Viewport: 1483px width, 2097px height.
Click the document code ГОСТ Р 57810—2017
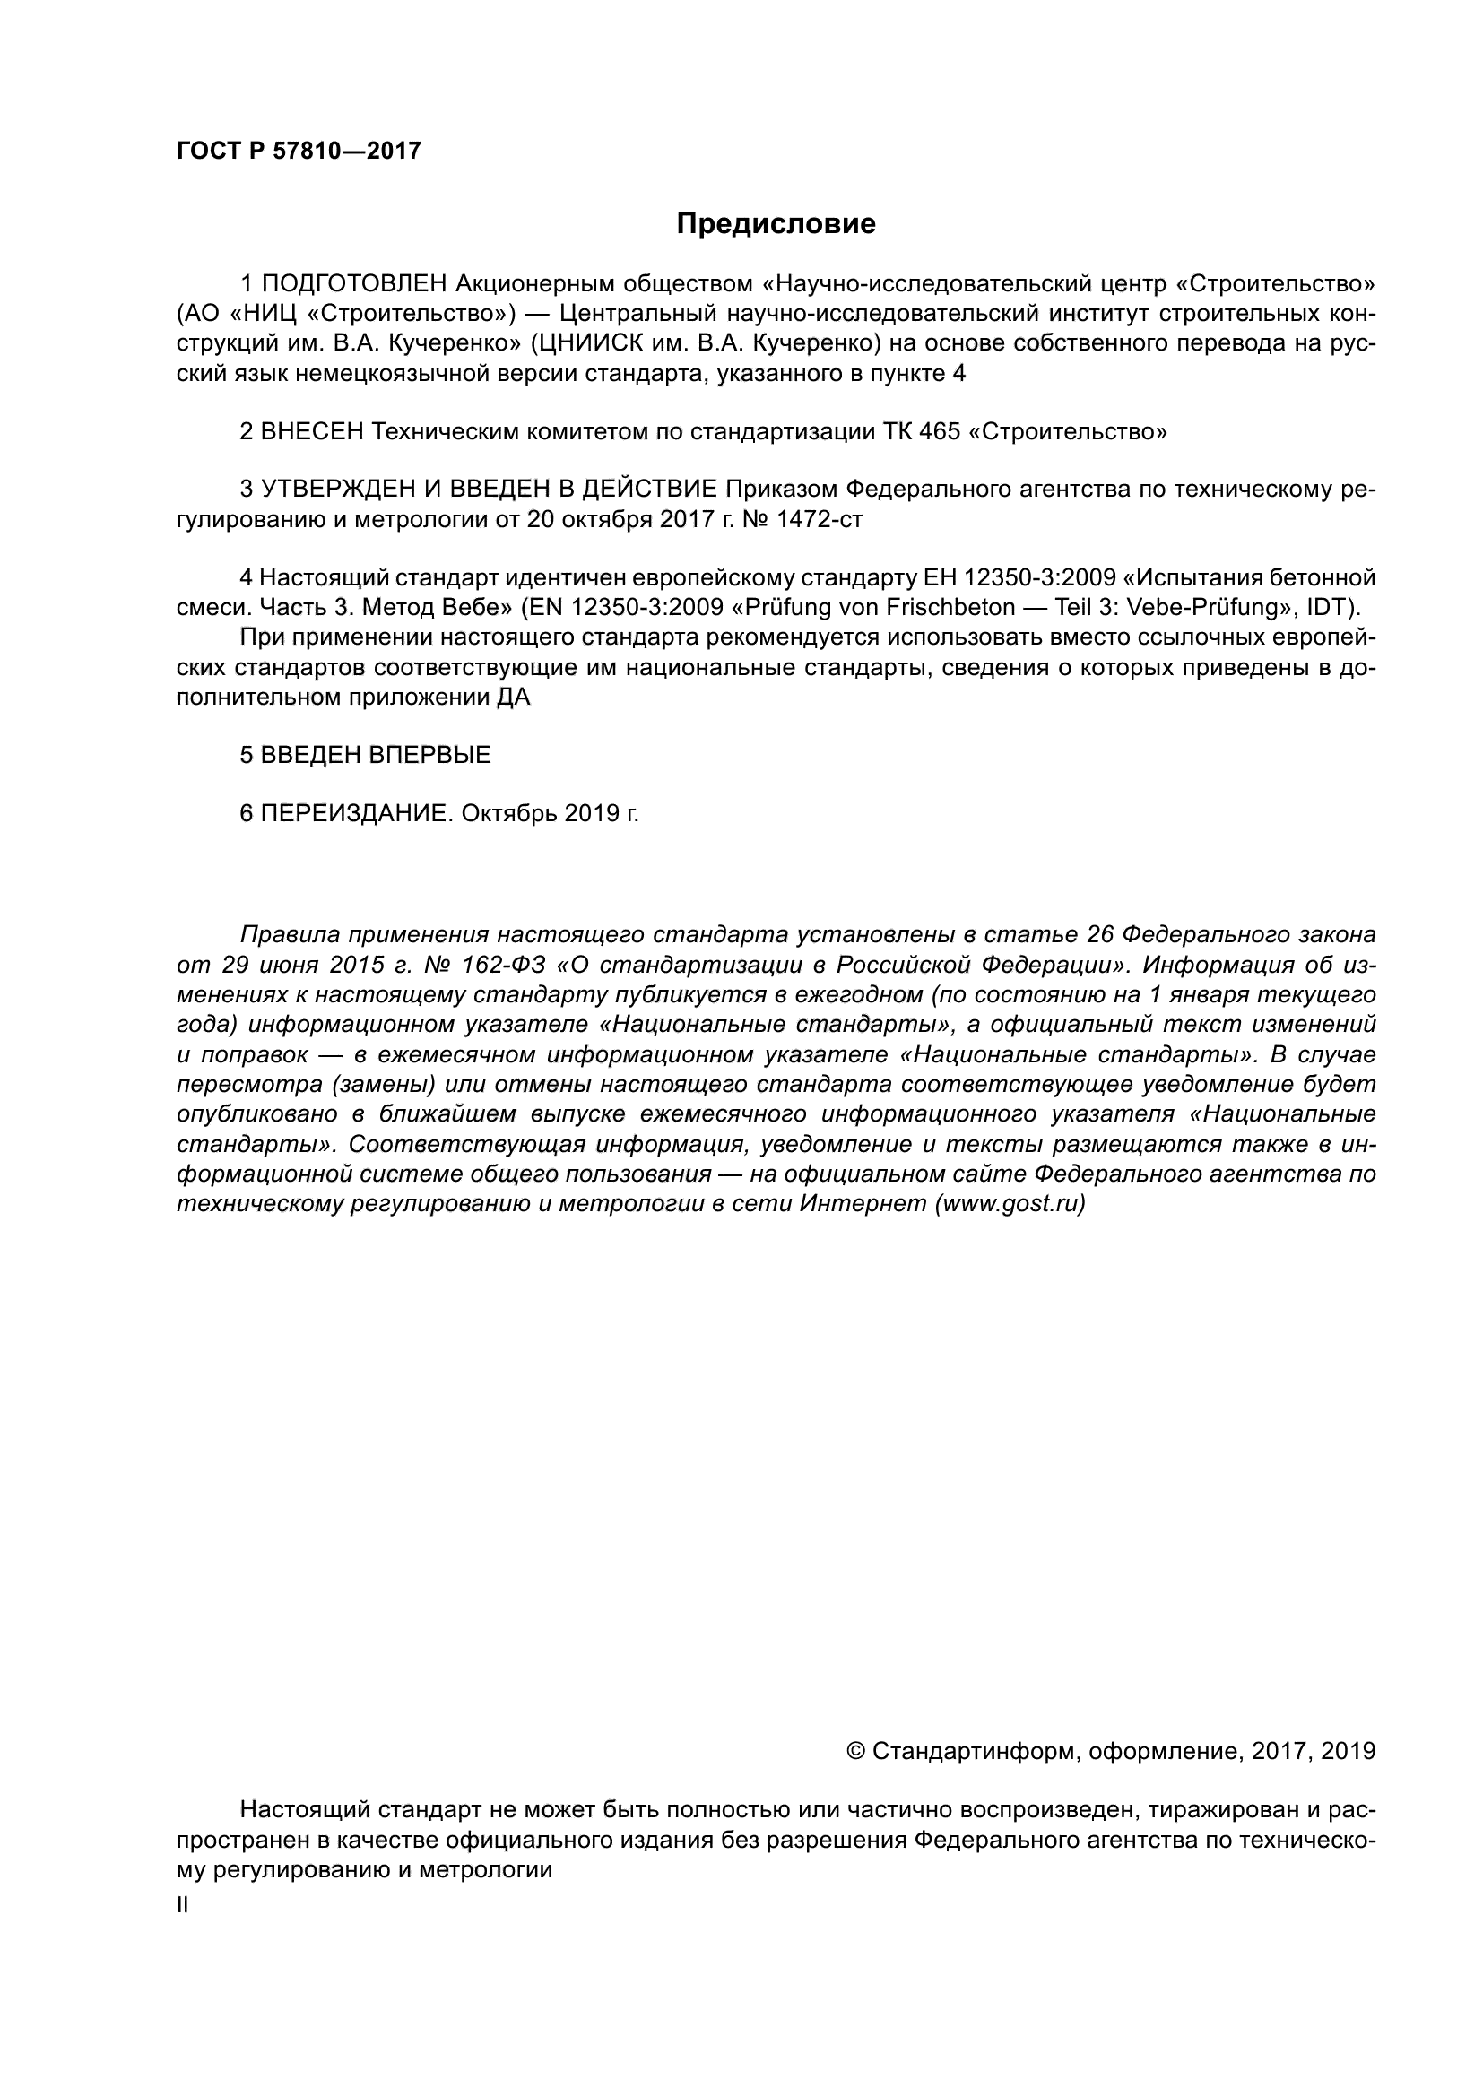[x=299, y=151]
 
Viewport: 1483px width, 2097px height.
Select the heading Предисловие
[x=776, y=224]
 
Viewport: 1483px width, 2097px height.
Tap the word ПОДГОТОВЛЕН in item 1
[x=354, y=284]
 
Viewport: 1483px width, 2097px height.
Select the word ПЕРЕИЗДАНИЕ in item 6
[x=356, y=813]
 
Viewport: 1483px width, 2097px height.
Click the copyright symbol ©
[x=856, y=1751]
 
